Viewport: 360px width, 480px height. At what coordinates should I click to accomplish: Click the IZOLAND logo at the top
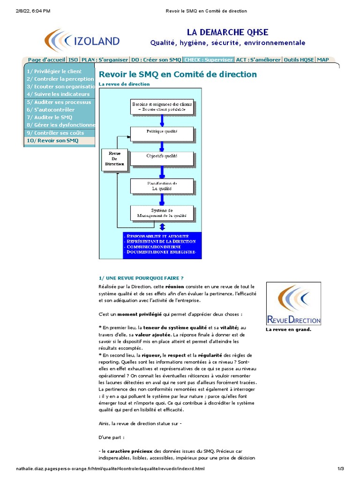(82, 41)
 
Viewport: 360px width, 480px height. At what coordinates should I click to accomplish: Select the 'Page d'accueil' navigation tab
(46, 60)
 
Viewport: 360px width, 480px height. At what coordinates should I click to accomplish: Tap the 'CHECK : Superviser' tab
(208, 60)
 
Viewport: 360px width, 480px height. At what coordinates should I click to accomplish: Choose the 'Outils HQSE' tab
(299, 60)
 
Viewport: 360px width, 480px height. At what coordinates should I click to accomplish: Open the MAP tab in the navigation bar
(322, 60)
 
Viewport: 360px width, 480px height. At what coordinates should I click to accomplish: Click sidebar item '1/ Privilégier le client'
(54, 71)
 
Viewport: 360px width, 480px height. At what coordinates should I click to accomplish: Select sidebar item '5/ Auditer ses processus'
(59, 102)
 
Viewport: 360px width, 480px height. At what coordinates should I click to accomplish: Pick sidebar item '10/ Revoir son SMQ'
(52, 141)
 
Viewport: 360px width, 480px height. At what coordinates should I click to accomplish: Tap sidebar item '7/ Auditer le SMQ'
(50, 117)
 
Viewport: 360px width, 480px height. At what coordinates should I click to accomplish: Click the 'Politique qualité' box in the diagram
(162, 133)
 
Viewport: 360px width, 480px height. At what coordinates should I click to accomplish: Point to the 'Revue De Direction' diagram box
(114, 159)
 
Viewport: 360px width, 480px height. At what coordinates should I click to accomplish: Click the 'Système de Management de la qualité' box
(162, 213)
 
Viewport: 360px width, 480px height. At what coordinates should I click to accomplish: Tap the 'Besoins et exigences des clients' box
(162, 106)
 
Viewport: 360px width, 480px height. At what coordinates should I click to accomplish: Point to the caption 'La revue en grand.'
(288, 330)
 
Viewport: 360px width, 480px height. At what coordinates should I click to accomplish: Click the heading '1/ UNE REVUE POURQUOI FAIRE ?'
(141, 278)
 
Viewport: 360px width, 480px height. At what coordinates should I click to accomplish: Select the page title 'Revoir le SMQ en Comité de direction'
(178, 74)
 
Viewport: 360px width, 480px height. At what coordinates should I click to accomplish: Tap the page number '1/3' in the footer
(341, 469)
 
